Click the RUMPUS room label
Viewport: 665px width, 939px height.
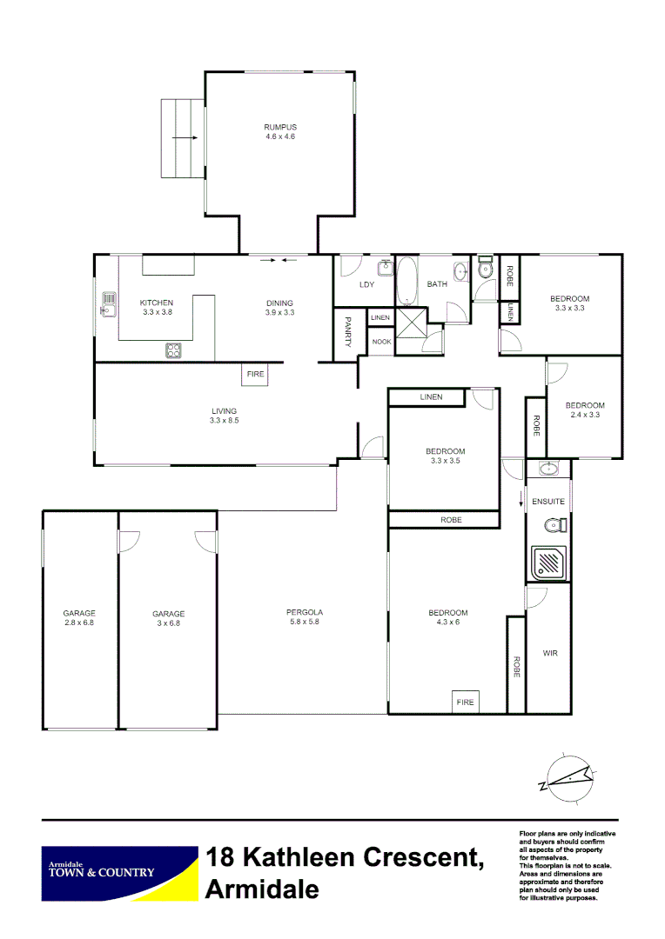(x=280, y=127)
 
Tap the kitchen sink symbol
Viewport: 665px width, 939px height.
(x=109, y=304)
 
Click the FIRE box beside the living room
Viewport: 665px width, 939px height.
(x=255, y=374)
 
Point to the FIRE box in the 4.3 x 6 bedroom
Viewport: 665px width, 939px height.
(x=465, y=702)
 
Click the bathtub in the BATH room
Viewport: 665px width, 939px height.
(x=406, y=283)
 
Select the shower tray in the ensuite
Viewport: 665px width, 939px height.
(x=549, y=563)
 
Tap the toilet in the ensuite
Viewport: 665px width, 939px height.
(x=554, y=524)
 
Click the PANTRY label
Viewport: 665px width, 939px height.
(x=347, y=333)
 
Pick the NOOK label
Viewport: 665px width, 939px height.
(x=380, y=342)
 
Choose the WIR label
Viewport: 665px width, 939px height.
(x=549, y=652)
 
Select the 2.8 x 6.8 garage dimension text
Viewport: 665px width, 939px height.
(x=79, y=623)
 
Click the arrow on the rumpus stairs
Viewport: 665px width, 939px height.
(x=185, y=137)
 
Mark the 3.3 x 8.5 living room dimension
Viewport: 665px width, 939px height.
(x=224, y=421)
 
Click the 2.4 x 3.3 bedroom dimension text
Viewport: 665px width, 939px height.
(x=584, y=415)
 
